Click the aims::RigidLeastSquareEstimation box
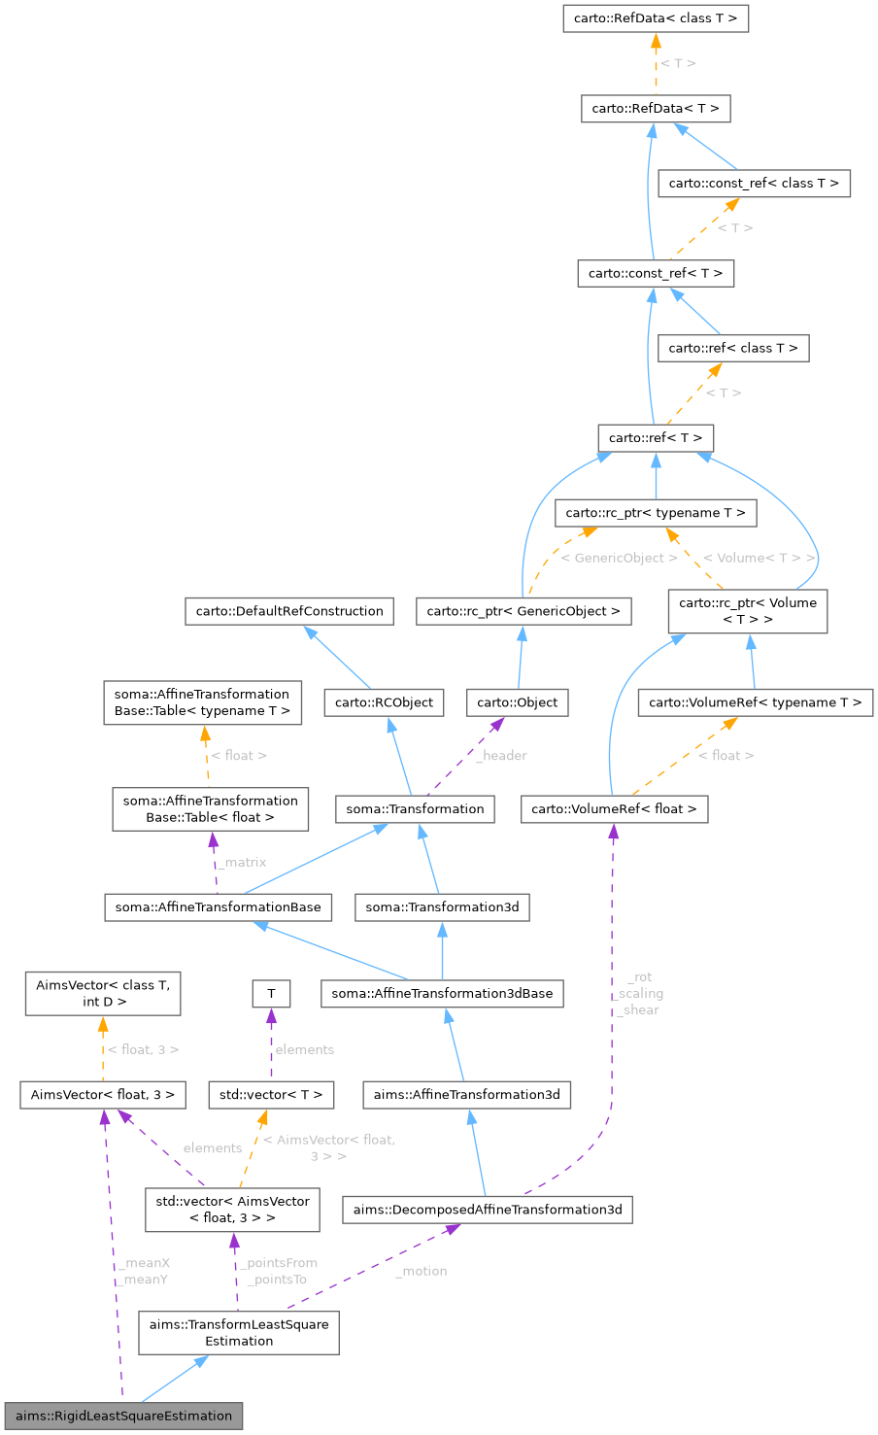(123, 1416)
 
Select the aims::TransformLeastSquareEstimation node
(239, 1332)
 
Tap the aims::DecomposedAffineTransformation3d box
(488, 1210)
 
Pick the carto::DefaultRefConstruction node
(289, 611)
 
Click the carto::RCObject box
(385, 702)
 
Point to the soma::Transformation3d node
(442, 907)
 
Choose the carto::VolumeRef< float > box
(614, 808)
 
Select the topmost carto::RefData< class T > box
(656, 18)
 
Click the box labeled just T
(271, 993)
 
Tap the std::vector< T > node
(271, 1095)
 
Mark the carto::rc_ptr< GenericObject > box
(523, 611)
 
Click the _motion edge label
(422, 1271)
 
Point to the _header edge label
(501, 755)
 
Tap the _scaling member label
(640, 993)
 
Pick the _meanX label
(145, 1263)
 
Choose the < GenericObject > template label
(619, 558)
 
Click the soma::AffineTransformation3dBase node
(442, 993)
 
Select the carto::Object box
(518, 702)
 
